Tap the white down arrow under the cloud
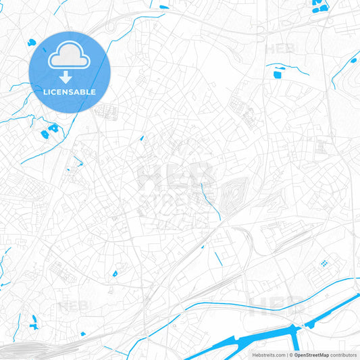[70, 78]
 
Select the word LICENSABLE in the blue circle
[70, 92]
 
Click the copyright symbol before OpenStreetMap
[290, 355]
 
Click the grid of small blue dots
[325, 262]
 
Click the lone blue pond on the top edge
[164, 7]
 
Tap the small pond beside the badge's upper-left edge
[32, 43]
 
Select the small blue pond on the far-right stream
[353, 61]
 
